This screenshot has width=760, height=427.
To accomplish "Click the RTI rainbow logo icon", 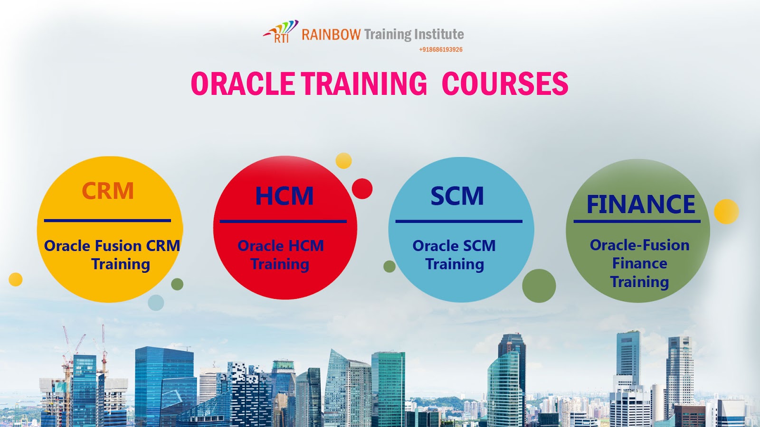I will point(281,32).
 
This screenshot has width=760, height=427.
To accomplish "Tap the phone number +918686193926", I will point(440,49).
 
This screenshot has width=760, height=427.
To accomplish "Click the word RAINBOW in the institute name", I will point(331,35).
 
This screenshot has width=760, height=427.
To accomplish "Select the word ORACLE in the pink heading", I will point(243,84).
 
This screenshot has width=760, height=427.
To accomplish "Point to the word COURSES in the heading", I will point(505,84).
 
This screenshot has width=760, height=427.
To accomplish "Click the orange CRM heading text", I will point(108,191).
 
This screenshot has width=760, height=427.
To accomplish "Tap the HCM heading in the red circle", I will point(285,196).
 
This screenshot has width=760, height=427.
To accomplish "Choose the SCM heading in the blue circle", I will point(457,196).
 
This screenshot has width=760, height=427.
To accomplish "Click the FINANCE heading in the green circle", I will point(640,204).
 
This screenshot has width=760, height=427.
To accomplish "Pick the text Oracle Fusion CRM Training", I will point(112,255).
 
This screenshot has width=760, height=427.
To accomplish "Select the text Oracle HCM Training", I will point(280,255).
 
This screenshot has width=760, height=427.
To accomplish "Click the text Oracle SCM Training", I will point(454,255).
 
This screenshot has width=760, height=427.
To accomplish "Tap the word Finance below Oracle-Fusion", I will point(639,263).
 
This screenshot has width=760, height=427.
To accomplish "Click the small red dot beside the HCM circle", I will point(362,189).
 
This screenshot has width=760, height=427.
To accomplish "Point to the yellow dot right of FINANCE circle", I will point(726,212).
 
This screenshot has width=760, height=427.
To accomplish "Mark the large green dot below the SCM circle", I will point(539,286).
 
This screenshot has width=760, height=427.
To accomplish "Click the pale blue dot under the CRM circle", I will point(156,302).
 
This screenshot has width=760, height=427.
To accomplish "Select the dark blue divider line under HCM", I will point(283,221).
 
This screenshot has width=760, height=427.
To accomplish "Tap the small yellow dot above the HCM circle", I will point(343,161).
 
